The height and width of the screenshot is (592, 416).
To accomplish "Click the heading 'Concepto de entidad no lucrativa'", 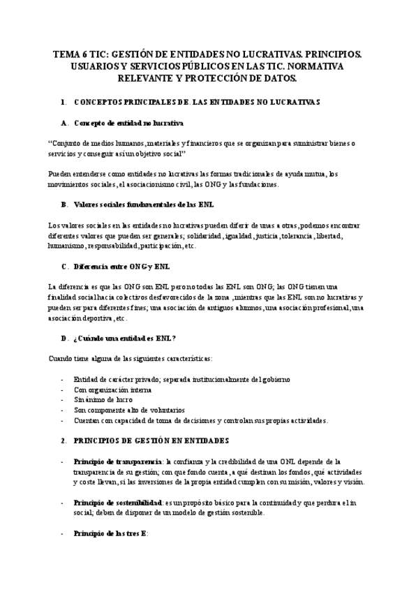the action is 128,123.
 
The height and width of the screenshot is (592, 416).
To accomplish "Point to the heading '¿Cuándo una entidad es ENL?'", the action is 124,338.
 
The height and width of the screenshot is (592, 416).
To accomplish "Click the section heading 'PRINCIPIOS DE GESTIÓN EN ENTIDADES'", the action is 149,441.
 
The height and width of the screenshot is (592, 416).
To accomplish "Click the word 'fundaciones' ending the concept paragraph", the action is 255,184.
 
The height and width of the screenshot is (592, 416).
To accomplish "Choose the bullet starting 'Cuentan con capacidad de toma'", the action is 200,420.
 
